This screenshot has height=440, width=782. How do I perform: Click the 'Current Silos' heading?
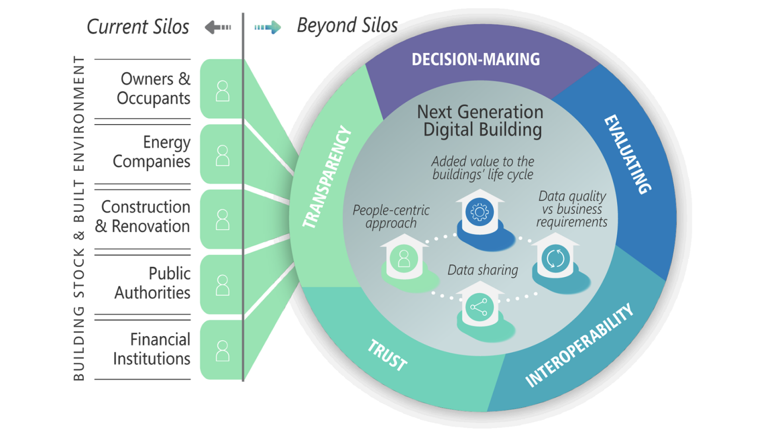(137, 26)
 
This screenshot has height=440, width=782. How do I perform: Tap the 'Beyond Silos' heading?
(347, 25)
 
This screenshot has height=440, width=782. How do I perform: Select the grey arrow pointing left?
(218, 27)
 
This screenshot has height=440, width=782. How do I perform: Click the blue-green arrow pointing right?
(268, 27)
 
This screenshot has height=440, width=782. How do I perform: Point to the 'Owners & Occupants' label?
(154, 89)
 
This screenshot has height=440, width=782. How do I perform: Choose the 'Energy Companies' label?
(152, 152)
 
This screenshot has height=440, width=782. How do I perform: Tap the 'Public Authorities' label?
(152, 283)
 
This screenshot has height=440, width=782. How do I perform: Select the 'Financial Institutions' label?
(152, 349)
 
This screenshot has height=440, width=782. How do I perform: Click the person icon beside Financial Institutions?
(222, 351)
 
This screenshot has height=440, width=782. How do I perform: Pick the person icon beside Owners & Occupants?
(222, 91)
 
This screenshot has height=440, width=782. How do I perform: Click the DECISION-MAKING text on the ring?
(476, 60)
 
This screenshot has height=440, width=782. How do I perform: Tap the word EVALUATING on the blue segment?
(627, 154)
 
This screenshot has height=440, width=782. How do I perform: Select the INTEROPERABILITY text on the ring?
(579, 346)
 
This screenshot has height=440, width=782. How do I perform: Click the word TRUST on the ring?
(387, 355)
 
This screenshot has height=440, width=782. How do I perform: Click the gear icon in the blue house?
(479, 211)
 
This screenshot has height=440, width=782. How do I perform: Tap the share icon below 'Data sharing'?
(479, 307)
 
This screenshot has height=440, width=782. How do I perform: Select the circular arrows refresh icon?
(555, 258)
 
